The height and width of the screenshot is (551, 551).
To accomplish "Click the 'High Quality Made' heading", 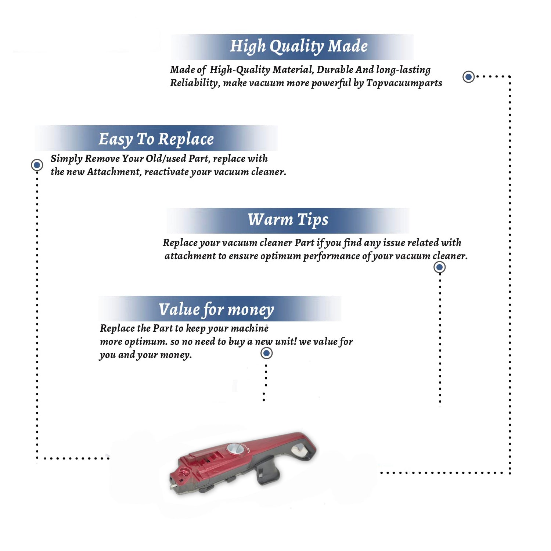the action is tap(299, 47).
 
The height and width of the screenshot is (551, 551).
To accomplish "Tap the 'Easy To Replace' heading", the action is tap(156, 139).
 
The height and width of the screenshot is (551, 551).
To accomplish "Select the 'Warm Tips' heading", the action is tap(288, 220).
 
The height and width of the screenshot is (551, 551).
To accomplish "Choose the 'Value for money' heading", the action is tap(216, 309).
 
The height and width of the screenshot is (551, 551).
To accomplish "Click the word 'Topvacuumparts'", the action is tap(404, 83).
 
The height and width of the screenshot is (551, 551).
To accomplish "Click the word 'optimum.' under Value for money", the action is tap(146, 342).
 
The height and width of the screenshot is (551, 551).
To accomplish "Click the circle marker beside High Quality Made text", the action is tap(468, 77).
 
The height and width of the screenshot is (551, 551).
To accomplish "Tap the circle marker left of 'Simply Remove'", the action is tap(37, 165).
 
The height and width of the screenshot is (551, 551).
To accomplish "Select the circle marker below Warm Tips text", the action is tap(439, 267).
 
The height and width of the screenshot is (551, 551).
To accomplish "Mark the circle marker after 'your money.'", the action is tap(266, 353).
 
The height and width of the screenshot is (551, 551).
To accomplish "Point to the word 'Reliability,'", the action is tap(195, 83).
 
